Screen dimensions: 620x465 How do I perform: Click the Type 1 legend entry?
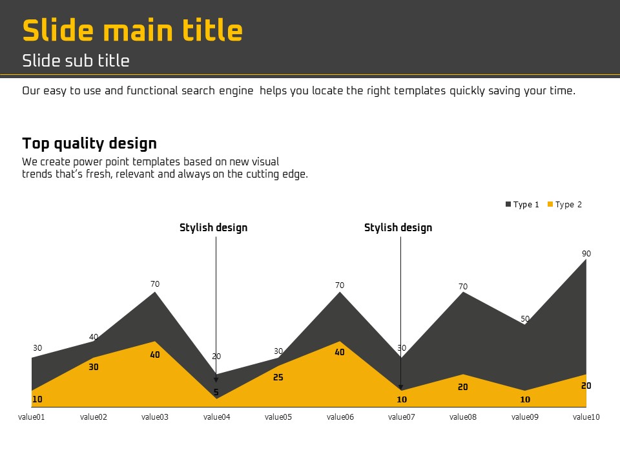pos(522,205)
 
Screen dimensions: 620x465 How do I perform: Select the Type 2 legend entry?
pos(564,205)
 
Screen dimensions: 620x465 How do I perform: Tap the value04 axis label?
pos(217,417)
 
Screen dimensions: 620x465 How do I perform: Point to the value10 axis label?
pos(586,417)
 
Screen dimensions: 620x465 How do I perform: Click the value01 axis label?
pos(32,417)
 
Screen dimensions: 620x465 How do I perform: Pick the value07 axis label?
pos(401,417)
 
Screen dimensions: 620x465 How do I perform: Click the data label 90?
pos(586,253)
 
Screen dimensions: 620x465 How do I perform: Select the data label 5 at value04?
pos(216,392)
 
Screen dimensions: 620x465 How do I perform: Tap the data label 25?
pos(278,377)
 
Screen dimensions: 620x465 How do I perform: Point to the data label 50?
pos(525,318)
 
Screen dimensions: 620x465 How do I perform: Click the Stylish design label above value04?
pos(214,228)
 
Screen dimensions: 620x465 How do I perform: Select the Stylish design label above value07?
pos(398,228)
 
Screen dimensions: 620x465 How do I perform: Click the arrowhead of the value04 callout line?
pos(216,380)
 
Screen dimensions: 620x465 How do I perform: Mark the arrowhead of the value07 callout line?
pos(400,388)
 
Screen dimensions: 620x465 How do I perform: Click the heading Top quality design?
pos(89,143)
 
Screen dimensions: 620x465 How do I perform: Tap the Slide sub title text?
pos(76,61)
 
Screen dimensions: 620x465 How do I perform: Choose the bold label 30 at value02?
pos(93,367)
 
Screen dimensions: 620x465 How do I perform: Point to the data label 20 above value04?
pos(216,356)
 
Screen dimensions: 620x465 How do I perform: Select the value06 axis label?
pos(340,417)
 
